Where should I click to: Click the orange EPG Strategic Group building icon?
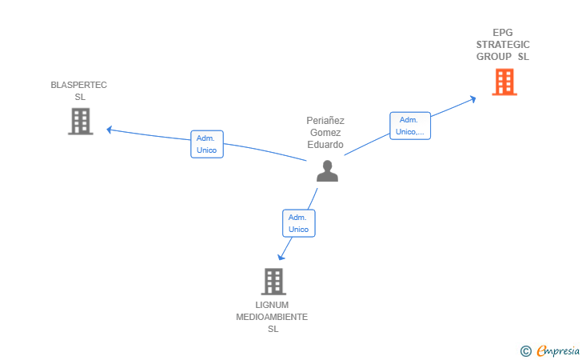[504, 82]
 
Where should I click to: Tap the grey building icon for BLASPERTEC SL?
[81, 121]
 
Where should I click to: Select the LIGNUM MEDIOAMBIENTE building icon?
[273, 282]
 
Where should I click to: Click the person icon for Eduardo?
[328, 171]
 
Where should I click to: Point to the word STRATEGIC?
[503, 45]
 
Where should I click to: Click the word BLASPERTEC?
[78, 85]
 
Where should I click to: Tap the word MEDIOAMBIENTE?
[272, 317]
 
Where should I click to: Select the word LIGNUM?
[272, 305]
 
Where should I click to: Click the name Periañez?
[325, 121]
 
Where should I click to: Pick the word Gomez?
[325, 133]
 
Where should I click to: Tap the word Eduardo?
[325, 145]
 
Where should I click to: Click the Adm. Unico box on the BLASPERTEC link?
[207, 144]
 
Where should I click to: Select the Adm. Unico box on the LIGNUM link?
[299, 223]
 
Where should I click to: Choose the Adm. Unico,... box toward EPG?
[410, 126]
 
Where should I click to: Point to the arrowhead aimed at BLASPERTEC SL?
[109, 130]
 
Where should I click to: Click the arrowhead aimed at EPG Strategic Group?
[473, 99]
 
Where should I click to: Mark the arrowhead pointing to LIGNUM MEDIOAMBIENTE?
[281, 257]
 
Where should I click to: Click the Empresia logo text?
[558, 350]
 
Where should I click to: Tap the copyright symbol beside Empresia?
[526, 351]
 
